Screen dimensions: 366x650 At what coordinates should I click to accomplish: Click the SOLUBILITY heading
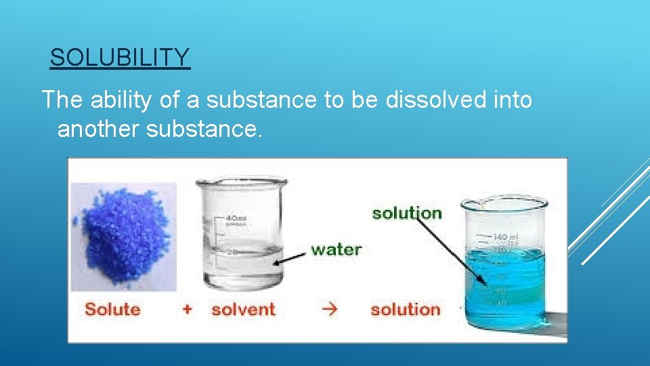coord(120,58)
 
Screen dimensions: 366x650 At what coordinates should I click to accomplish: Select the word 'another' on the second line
coord(98,128)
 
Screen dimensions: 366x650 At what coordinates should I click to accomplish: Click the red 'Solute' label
coord(112,310)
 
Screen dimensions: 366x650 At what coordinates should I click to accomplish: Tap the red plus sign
coord(187,310)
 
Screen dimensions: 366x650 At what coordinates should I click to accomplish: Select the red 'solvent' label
coord(243,310)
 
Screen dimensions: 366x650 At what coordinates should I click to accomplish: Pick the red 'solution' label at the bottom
coord(405,310)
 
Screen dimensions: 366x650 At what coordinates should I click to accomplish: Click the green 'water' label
coord(336,249)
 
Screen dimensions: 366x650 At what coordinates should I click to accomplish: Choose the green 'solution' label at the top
coord(406,213)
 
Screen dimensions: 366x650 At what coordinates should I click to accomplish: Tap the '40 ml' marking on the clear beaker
coord(236,218)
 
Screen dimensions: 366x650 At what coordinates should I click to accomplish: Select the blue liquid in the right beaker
coord(504,285)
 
